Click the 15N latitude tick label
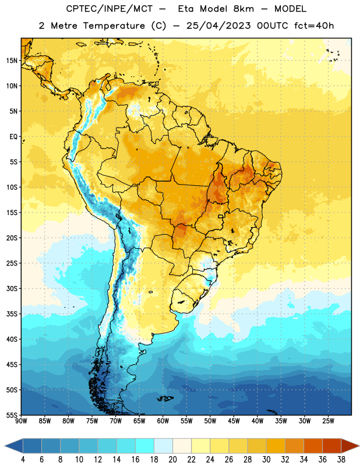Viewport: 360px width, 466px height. coord(12,61)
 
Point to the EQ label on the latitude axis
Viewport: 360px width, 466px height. coord(13,137)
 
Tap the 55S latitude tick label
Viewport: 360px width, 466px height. coord(12,415)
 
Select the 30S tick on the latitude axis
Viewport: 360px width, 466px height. coord(12,288)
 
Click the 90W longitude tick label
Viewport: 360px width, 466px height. coord(21,421)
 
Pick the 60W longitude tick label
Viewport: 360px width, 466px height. coord(163,421)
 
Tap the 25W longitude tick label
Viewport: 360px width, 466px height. coord(328,421)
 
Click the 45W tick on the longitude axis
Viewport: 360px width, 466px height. coord(234,421)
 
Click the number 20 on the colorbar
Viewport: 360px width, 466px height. coord(172,460)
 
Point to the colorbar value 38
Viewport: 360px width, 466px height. coord(341,460)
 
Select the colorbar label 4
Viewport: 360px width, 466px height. coord(23,460)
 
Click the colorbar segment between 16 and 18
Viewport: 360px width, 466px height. coord(144,446)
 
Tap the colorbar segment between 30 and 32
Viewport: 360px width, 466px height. coord(276,446)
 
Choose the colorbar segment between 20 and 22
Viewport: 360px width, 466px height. coord(182,446)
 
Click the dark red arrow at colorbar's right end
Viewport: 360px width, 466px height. coord(350,446)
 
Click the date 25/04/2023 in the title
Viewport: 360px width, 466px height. coord(218,26)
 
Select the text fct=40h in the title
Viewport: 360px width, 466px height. coord(314,26)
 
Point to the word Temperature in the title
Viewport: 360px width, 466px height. coord(114,26)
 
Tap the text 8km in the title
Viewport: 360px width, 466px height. coord(243,9)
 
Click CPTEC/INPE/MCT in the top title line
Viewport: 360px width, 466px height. coord(109,9)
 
